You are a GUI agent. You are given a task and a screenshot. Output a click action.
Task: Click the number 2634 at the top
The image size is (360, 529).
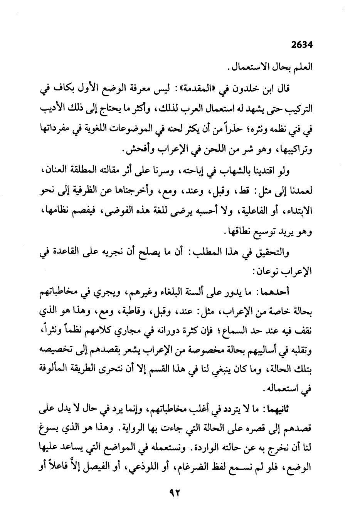click(x=301, y=45)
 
